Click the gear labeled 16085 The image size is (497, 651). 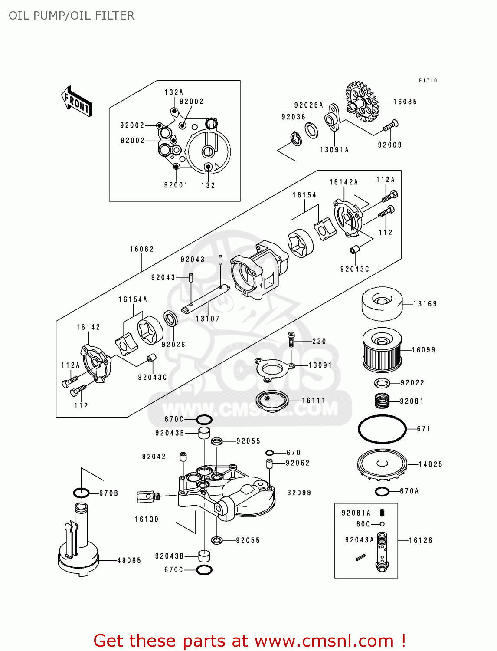362,102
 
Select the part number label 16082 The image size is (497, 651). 142,249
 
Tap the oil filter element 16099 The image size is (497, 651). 382,350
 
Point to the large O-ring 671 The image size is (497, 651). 382,429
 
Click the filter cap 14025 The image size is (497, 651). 382,465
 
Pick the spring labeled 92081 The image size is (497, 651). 382,401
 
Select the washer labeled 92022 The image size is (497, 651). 382,383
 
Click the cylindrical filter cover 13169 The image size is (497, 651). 382,304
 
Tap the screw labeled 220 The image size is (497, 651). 291,339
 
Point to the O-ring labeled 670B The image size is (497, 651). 81,493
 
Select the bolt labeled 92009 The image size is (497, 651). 390,126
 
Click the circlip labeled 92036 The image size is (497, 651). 296,139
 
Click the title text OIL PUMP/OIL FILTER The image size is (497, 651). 72,16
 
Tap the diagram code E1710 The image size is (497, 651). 428,80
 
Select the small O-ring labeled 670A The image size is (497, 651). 382,491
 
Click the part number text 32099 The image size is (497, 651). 299,493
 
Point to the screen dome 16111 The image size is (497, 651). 272,400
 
